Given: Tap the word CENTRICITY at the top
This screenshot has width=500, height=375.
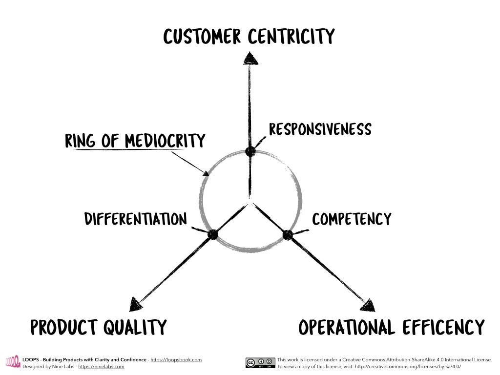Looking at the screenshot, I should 292,37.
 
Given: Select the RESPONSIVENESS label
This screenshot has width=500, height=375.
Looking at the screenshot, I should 320,129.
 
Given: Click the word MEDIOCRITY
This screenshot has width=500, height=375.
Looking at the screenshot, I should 165,141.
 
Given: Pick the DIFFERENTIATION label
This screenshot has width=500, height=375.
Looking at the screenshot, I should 136,219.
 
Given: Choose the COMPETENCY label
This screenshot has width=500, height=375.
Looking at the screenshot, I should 352,219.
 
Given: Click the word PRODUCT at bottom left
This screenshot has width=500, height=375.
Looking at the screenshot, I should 66,327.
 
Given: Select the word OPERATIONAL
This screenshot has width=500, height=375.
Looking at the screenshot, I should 347,327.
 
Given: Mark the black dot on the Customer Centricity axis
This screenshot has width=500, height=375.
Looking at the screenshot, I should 250,151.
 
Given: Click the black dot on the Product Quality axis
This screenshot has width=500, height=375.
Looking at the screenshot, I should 212,234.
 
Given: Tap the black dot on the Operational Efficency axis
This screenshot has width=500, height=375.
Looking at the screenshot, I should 288,234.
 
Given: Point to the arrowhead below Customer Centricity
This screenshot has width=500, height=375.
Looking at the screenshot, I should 250,59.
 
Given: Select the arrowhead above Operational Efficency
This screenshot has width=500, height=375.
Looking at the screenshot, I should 368,306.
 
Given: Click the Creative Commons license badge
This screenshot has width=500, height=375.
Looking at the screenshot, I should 259,363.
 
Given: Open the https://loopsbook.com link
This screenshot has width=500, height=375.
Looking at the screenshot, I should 176,360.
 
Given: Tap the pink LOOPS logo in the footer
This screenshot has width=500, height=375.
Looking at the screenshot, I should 12,362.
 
